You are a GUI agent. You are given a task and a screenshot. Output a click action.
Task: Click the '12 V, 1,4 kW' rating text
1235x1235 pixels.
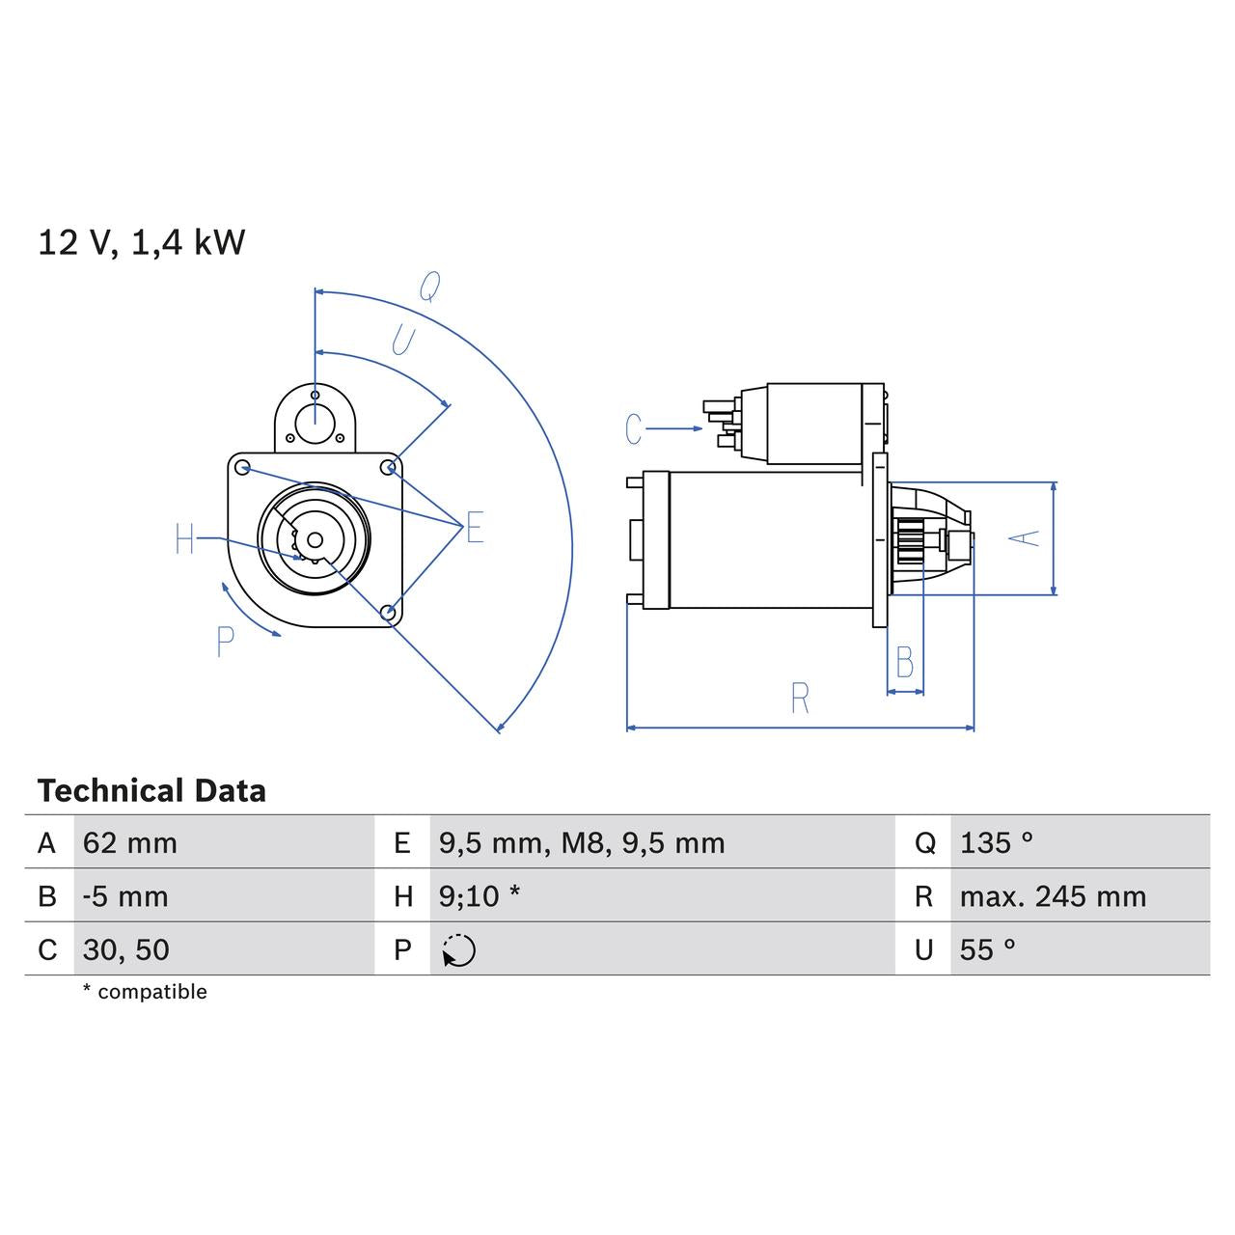[x=141, y=242]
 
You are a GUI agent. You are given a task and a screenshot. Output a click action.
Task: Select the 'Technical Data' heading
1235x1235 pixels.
[x=151, y=791]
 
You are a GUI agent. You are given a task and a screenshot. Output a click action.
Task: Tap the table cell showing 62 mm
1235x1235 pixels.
[x=130, y=843]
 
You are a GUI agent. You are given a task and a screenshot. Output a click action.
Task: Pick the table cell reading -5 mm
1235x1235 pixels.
[x=125, y=896]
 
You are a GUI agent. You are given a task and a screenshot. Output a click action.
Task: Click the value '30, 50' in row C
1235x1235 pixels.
[x=126, y=949]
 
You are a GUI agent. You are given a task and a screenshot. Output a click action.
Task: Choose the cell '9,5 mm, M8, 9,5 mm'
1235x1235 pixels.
[x=582, y=843]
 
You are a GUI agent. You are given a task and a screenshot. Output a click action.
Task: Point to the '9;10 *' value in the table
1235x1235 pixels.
[x=480, y=896]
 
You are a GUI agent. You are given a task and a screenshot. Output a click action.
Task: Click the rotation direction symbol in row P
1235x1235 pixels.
[x=459, y=950]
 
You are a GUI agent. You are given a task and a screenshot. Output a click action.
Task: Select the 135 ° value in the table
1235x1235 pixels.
[x=997, y=843]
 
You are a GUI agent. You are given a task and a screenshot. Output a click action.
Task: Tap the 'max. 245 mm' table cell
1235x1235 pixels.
[x=1053, y=896]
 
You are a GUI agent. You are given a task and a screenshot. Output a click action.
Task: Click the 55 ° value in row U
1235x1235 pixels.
[x=988, y=949]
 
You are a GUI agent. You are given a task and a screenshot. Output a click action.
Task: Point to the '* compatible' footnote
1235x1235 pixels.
[x=145, y=992]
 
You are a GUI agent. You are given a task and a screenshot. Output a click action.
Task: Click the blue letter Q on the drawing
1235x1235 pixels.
[x=429, y=287]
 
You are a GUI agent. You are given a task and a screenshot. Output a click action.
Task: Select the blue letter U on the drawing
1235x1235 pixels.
[x=402, y=341]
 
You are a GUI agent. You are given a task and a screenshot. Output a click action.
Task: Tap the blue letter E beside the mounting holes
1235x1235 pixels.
[x=475, y=528]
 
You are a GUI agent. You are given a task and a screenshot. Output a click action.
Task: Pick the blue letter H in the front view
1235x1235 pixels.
[x=185, y=539]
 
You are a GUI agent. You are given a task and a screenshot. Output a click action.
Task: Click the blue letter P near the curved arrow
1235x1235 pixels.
[x=225, y=642]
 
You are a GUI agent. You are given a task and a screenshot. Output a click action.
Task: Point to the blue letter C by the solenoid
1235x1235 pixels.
[x=633, y=429]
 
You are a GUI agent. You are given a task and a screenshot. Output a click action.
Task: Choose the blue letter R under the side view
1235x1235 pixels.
[x=800, y=699]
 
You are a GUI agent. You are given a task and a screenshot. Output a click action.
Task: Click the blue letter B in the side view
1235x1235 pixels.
[x=905, y=663]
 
